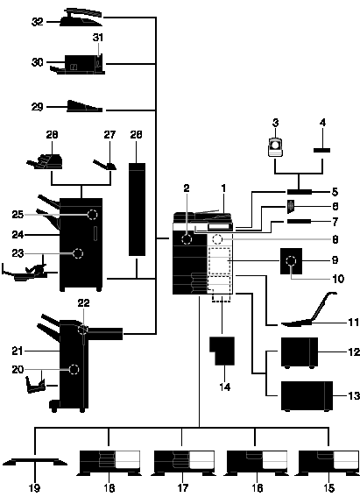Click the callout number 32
pos(37,22)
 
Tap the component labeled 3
pos(275,147)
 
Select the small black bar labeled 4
pos(322,150)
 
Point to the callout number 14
pos(225,387)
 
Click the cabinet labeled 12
pos(300,352)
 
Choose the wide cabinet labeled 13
pos(307,396)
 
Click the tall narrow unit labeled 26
pos(138,209)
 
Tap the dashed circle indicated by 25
pos(92,215)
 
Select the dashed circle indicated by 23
pos(78,253)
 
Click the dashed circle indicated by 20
pos(74,370)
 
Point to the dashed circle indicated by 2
pos(187,239)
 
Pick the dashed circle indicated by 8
pos(217,239)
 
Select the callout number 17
pos(183,488)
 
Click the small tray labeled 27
pos(105,165)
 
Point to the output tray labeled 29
pos(85,107)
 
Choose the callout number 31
pos(98,38)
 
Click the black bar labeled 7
pos(299,221)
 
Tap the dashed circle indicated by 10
pos(291,261)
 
